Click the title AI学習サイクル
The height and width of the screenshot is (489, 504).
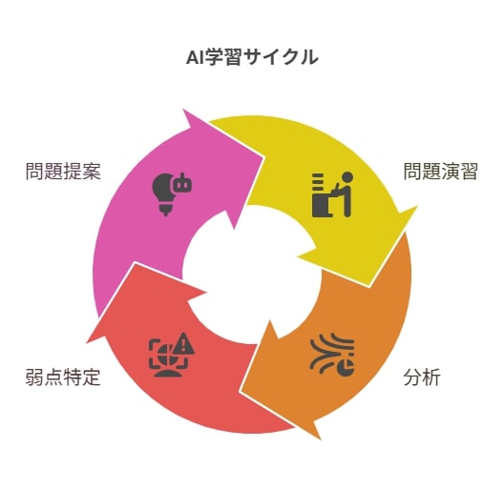tap(252, 57)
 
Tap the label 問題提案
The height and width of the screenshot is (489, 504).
tap(63, 172)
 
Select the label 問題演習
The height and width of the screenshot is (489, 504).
tap(441, 172)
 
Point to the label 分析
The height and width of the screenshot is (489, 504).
tap(422, 377)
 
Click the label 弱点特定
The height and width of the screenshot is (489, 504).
tap(63, 377)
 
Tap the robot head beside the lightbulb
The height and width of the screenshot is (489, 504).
tap(183, 183)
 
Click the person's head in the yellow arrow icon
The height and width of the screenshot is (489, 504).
tap(347, 177)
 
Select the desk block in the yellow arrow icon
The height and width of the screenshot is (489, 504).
tap(322, 206)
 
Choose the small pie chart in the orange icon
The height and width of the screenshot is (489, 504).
tap(346, 368)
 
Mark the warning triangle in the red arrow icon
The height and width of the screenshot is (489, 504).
tap(184, 343)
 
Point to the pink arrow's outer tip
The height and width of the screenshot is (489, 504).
tap(183, 110)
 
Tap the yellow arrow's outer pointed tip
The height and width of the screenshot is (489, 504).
tap(417, 207)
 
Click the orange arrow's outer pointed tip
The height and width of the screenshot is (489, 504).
tap(320, 438)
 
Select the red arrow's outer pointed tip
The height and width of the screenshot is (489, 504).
tap(87, 343)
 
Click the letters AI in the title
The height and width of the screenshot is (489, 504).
tap(194, 58)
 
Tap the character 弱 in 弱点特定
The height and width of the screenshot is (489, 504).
tap(34, 377)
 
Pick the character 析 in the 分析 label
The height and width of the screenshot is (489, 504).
tap(431, 377)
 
